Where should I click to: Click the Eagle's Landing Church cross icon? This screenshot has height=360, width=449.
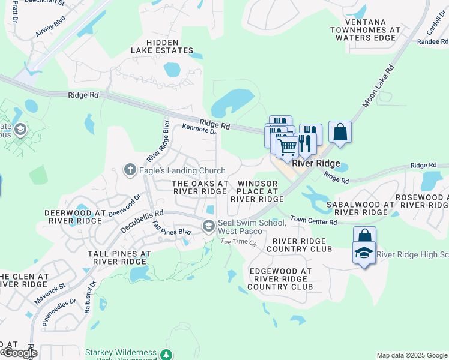(129, 170)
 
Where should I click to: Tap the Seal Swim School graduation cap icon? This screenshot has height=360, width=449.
(209, 226)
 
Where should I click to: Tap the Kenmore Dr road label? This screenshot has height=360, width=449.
(199, 129)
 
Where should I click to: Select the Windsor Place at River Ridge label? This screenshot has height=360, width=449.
(257, 191)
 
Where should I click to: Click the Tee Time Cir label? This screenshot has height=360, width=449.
(238, 242)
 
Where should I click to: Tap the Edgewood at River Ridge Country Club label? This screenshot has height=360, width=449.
(280, 279)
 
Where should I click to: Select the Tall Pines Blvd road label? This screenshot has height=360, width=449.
(172, 227)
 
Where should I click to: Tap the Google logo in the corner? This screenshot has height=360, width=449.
(19, 352)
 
